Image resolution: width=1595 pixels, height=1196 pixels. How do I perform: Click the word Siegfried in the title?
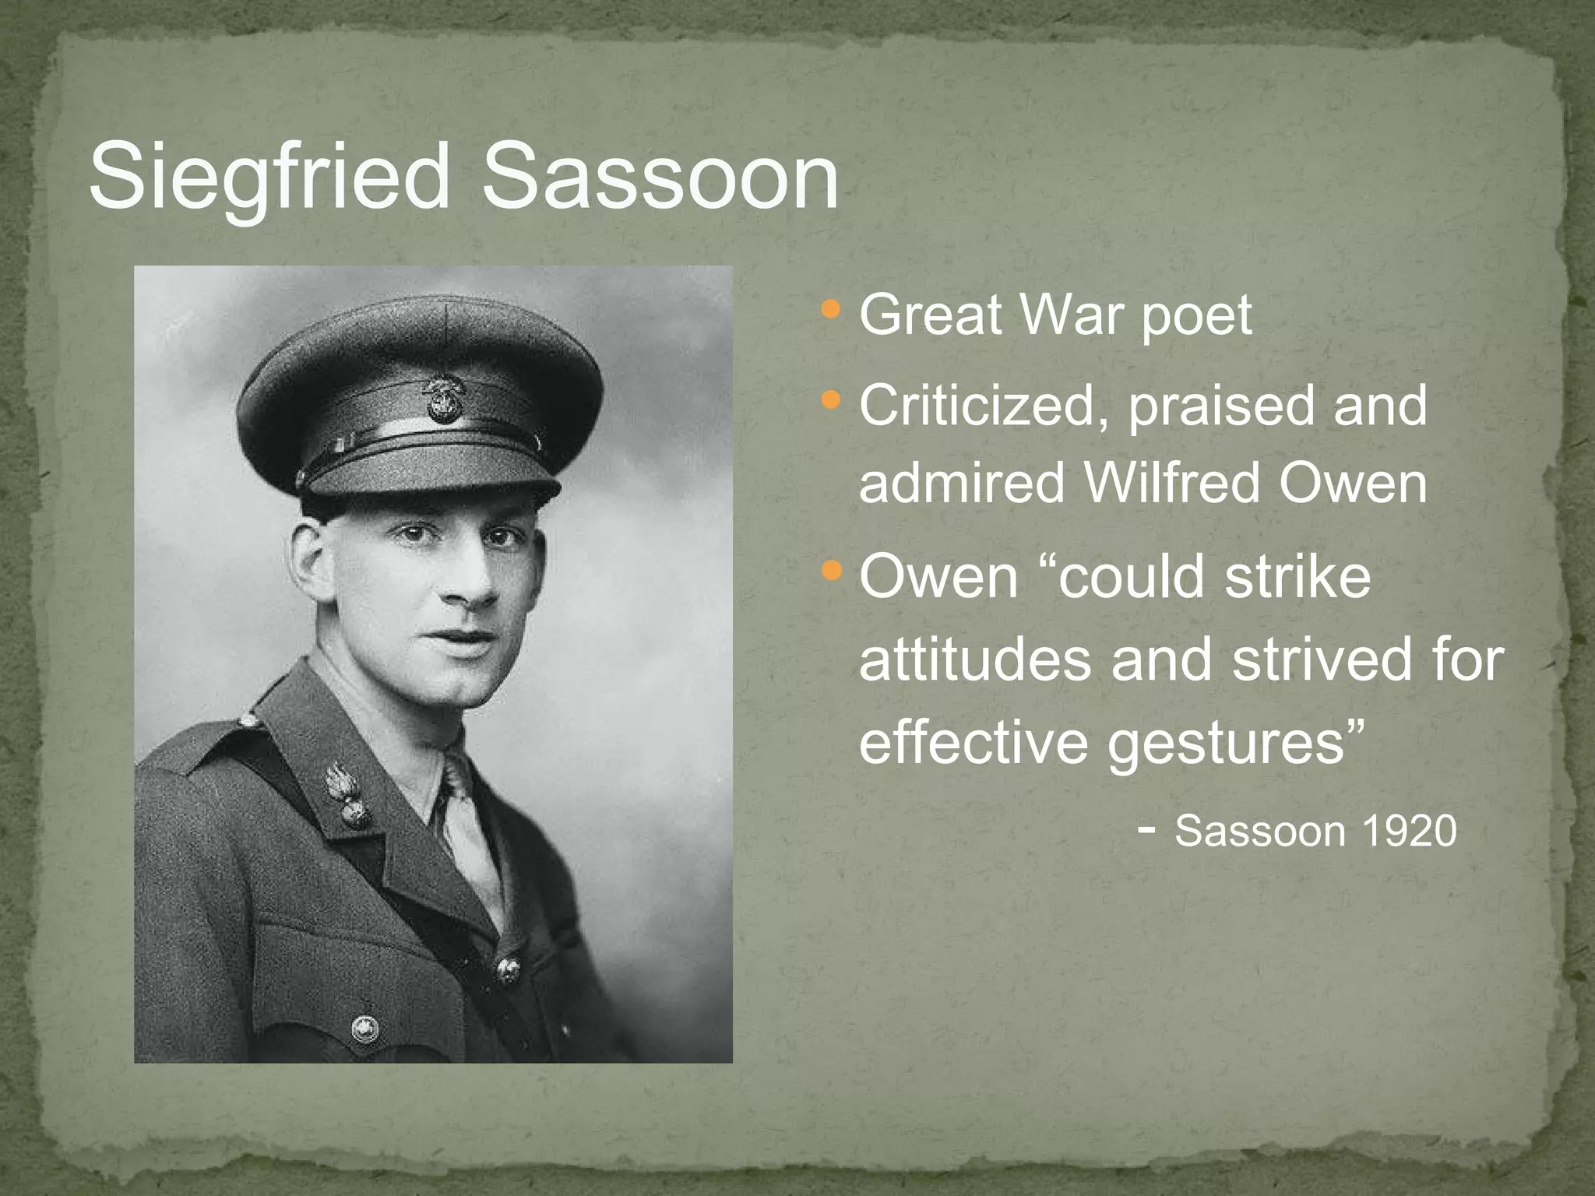(x=269, y=178)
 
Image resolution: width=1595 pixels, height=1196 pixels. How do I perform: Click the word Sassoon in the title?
(x=660, y=178)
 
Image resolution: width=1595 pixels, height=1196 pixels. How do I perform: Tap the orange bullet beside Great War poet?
(x=831, y=310)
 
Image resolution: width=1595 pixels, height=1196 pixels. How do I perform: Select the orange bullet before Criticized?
(x=831, y=401)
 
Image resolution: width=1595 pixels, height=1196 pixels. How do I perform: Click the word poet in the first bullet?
(x=1196, y=318)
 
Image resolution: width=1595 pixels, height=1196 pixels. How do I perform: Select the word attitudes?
(x=975, y=659)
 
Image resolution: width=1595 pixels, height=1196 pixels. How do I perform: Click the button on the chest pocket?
(x=365, y=1029)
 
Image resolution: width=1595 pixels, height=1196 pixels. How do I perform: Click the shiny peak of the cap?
(x=428, y=471)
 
